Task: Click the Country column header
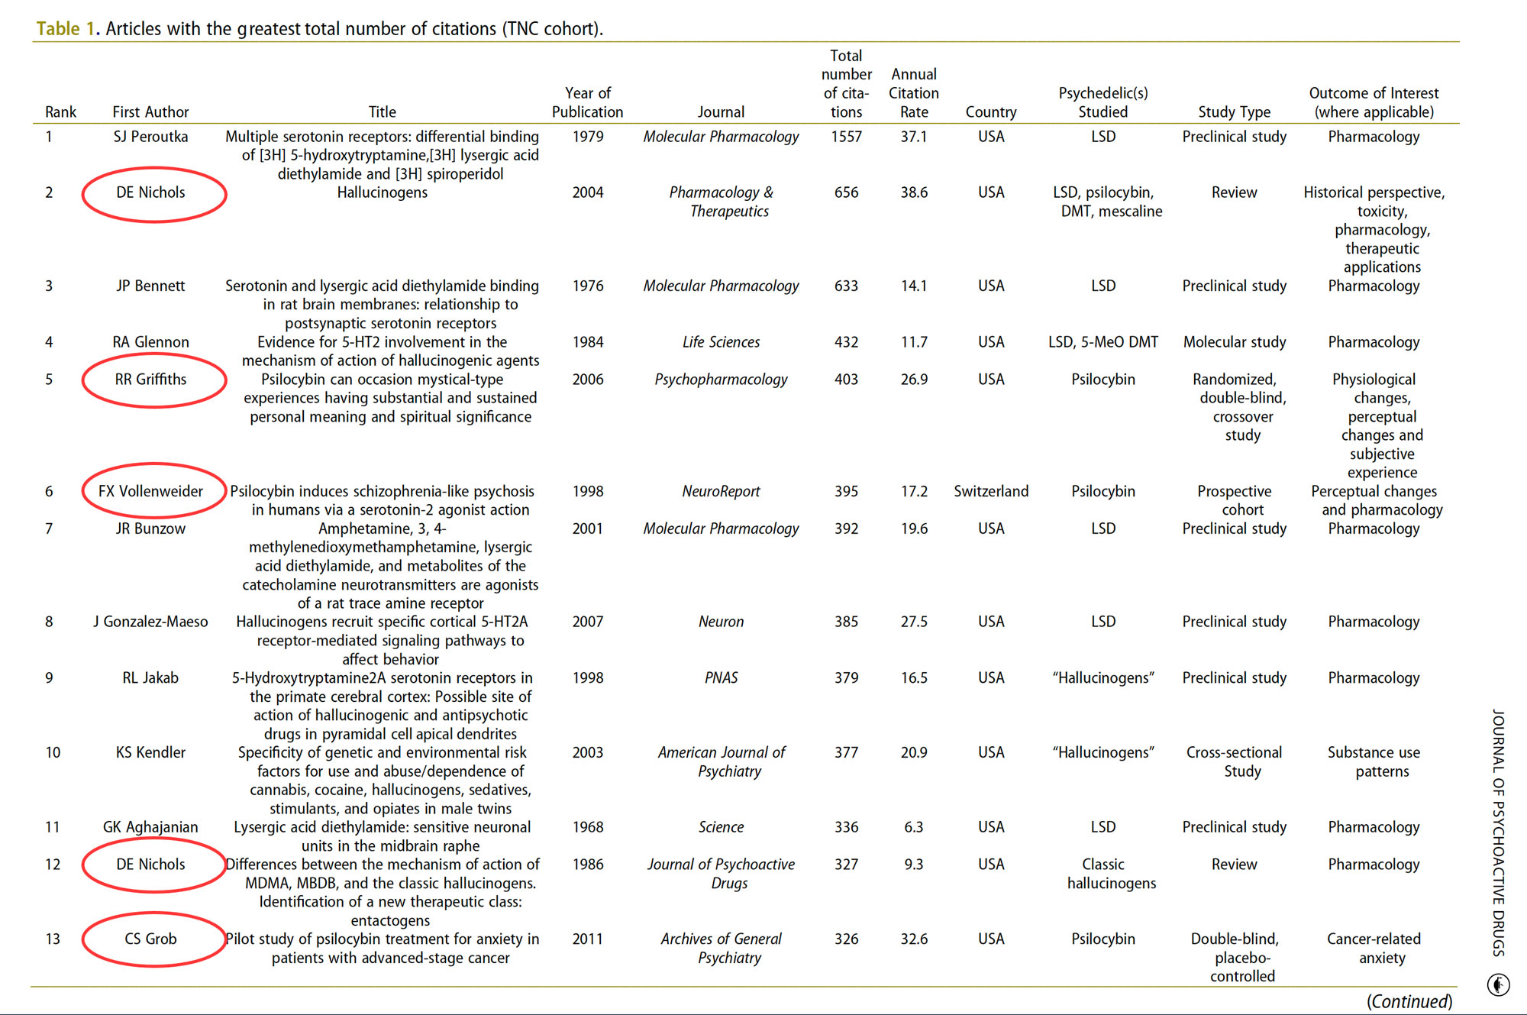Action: (991, 112)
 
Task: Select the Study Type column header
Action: (1235, 112)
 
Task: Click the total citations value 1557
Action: (846, 137)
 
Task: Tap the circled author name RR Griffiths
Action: (150, 380)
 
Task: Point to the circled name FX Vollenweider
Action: (150, 491)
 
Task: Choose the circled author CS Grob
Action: (150, 939)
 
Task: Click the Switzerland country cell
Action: (991, 491)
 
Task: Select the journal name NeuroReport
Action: (721, 491)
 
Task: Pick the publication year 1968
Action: (588, 827)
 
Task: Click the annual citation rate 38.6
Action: (914, 192)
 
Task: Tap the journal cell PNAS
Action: (721, 677)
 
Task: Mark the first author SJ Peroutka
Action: (150, 137)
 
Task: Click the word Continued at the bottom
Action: (1409, 1001)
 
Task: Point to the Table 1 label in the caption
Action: (66, 29)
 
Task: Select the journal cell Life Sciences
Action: (721, 342)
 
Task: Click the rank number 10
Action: (53, 752)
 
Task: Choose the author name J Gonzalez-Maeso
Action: (150, 622)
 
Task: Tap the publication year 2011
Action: (588, 939)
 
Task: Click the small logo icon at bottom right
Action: (1498, 984)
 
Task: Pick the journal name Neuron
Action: (721, 622)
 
